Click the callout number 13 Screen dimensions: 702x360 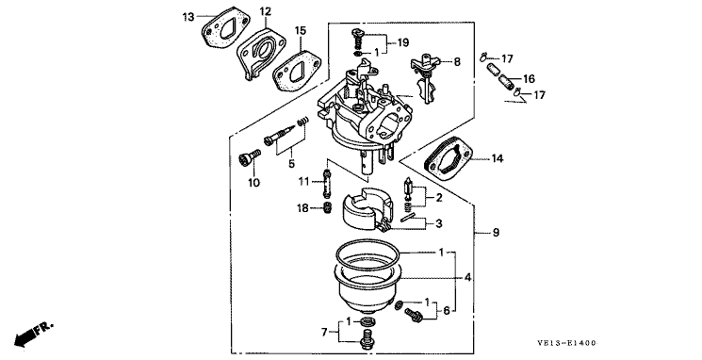(x=188, y=18)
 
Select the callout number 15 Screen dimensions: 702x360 (x=301, y=30)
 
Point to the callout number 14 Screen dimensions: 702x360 (x=497, y=158)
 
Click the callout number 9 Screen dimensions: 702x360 (x=496, y=233)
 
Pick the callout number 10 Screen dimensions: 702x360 (x=253, y=183)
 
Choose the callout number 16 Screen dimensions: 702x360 (x=529, y=79)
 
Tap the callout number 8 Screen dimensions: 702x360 (x=457, y=62)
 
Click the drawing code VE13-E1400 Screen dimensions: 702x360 (x=567, y=343)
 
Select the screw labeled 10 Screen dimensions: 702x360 (x=250, y=158)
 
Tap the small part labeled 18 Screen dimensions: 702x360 (x=327, y=207)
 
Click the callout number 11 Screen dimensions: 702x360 (x=304, y=181)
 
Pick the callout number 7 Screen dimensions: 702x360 (x=324, y=333)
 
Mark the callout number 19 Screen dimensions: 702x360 (x=403, y=42)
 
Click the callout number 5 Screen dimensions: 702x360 (x=291, y=163)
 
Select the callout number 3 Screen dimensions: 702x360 (x=438, y=223)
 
